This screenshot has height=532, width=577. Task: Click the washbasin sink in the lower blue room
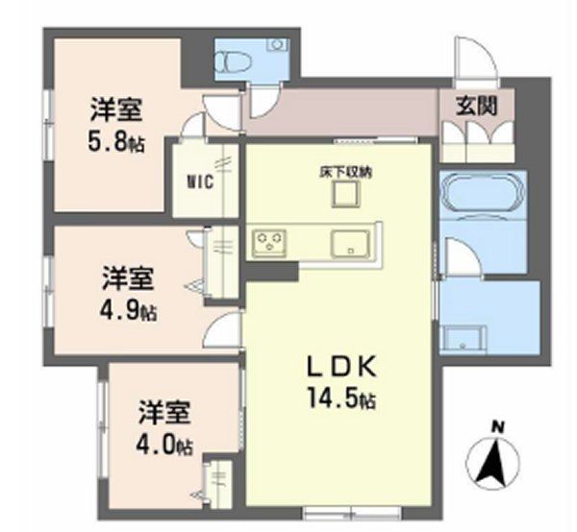tap(464, 337)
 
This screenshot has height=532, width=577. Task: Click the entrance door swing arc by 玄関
tap(475, 59)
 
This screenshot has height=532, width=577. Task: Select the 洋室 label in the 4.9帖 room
tap(129, 279)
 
